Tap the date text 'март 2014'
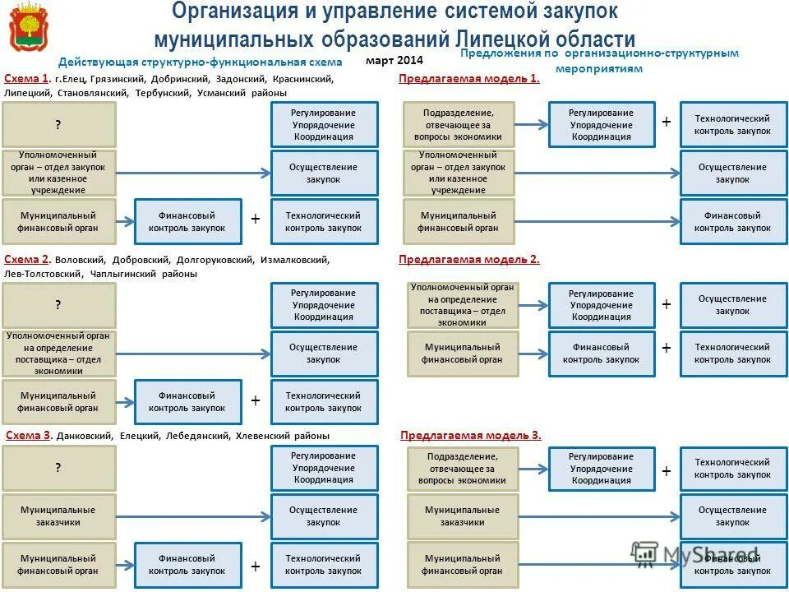click(394, 60)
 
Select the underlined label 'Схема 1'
click(26, 79)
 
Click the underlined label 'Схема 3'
click(28, 436)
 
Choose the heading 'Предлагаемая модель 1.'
click(468, 79)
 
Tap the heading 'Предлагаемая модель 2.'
click(468, 260)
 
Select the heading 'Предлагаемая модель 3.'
click(470, 436)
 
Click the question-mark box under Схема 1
click(58, 125)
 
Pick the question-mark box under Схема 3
click(58, 468)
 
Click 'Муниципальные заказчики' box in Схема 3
click(58, 516)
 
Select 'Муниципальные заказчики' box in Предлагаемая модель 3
click(462, 516)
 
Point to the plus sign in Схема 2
click(256, 400)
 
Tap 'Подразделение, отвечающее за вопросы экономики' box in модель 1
click(459, 125)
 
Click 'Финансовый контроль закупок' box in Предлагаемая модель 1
click(732, 222)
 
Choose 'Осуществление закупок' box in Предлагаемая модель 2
click(732, 305)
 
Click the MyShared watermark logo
click(694, 555)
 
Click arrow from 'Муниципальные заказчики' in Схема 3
click(193, 516)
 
